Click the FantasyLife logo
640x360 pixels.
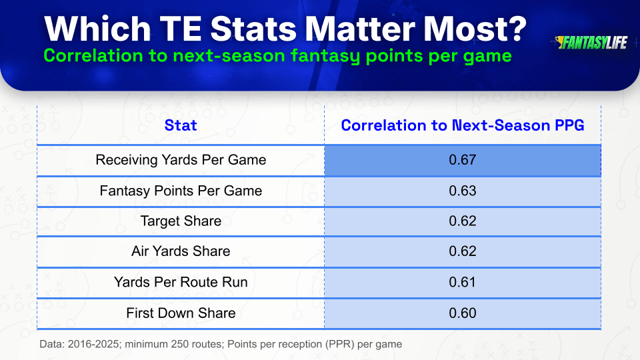coord(591,43)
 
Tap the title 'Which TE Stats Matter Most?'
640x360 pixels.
coord(285,29)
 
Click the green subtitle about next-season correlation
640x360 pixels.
coord(277,55)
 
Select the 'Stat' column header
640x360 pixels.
coord(181,125)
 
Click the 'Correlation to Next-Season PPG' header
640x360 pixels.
coord(463,125)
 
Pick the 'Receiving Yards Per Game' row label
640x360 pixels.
coord(181,159)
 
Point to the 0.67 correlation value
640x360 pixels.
coord(463,159)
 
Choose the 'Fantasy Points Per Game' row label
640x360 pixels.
coord(181,191)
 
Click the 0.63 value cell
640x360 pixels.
coord(463,191)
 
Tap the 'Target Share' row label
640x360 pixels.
coord(181,221)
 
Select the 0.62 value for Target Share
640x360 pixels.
coord(463,221)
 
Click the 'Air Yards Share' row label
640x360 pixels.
coord(181,251)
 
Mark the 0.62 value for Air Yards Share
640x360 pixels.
coord(463,251)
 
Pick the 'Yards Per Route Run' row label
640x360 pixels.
coord(181,282)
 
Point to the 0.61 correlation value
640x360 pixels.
coord(463,282)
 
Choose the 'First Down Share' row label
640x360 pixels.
coord(181,313)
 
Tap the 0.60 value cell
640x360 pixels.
coord(463,313)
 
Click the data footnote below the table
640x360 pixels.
coord(221,344)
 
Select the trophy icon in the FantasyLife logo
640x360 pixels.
coord(559,41)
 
